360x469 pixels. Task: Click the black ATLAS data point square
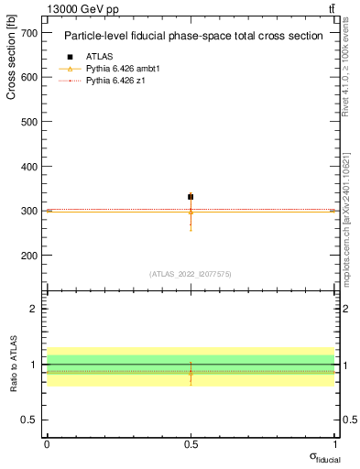click(x=191, y=197)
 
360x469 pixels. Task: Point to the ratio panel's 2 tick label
click(x=35, y=309)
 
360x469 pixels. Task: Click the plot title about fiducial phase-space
click(x=192, y=37)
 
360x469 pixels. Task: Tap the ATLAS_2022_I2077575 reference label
click(x=191, y=273)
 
